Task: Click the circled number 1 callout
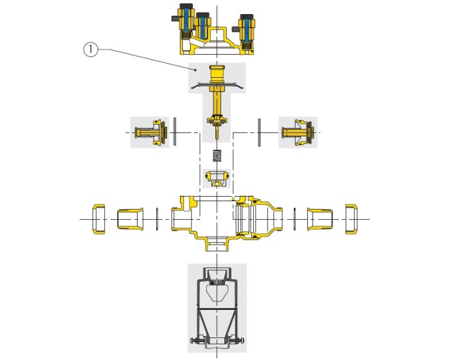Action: [91, 50]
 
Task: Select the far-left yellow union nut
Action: [99, 219]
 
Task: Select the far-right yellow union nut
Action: [351, 219]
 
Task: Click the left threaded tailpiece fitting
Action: [130, 219]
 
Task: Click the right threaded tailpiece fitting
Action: [320, 219]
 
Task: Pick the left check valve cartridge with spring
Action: [150, 132]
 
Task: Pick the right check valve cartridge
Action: [298, 132]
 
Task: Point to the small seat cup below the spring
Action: [217, 178]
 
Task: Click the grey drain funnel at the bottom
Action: [217, 309]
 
